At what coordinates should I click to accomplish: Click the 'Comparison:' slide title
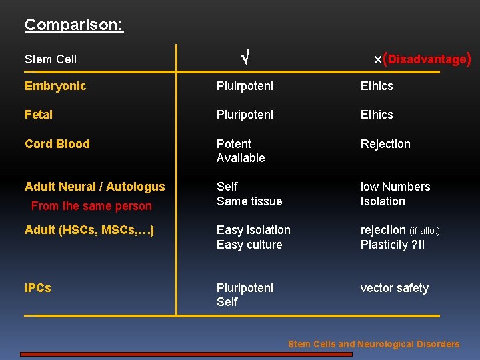click(74, 25)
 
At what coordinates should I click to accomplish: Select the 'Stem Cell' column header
click(51, 59)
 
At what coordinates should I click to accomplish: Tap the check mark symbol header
click(245, 59)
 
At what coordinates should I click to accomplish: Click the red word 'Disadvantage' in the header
click(427, 59)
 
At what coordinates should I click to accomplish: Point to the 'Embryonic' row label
click(55, 86)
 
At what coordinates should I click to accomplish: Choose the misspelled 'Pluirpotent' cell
click(245, 86)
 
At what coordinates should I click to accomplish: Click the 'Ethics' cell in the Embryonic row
click(377, 86)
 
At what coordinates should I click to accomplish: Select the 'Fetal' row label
click(39, 115)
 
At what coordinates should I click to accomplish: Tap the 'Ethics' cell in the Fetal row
click(377, 115)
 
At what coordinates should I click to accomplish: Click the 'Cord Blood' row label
click(57, 144)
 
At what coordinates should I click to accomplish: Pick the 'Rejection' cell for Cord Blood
click(385, 144)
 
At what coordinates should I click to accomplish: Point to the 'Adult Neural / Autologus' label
click(95, 187)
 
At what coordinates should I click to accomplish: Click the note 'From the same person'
click(91, 206)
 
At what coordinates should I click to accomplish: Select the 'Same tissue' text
click(249, 201)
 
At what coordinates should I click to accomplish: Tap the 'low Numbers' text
click(395, 187)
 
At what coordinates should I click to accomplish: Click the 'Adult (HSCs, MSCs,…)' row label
click(89, 230)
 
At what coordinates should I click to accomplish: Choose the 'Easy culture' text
click(249, 245)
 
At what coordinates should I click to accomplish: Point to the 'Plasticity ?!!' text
click(393, 245)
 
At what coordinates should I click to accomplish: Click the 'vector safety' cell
click(395, 288)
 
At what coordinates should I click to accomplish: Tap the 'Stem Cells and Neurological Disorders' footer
click(373, 344)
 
